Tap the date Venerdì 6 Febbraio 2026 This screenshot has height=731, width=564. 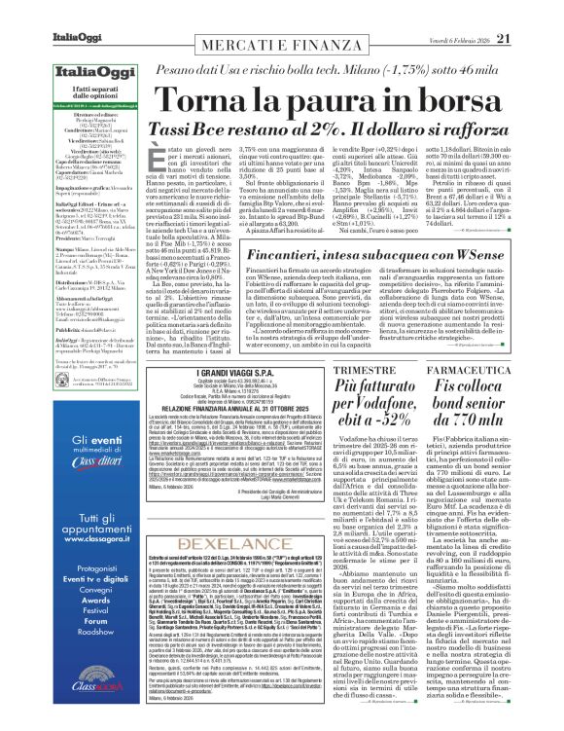pos(473,12)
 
